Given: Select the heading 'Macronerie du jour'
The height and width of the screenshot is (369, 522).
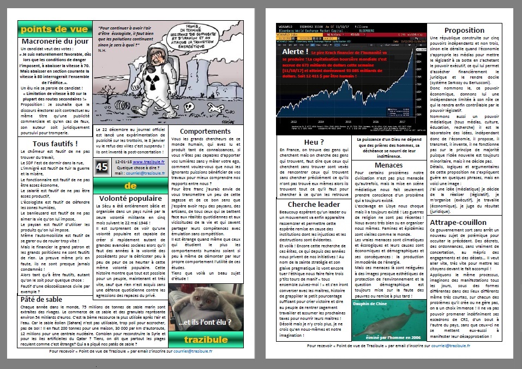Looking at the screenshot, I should pyautogui.click(x=54, y=41).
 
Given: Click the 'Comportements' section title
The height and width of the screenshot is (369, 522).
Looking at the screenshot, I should pyautogui.click(x=205, y=132).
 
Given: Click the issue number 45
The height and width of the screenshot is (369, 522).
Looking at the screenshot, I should pyautogui.click(x=102, y=166).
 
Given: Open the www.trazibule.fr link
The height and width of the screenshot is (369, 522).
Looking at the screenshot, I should pyautogui.click(x=148, y=162).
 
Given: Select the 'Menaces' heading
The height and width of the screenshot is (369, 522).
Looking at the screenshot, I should pyautogui.click(x=388, y=165).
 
